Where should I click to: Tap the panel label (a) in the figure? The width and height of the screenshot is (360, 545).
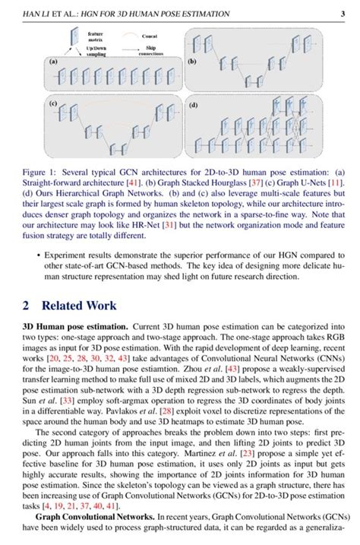pos(53,61)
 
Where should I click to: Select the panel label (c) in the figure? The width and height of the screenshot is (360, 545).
pos(53,102)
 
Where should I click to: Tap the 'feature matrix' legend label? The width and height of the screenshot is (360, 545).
pos(96,36)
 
